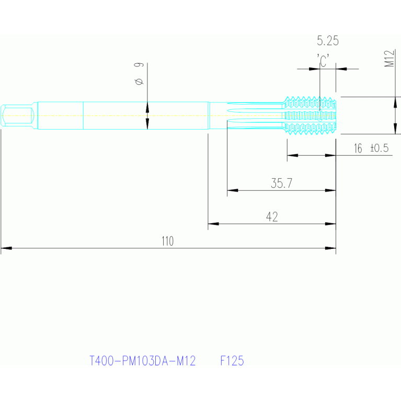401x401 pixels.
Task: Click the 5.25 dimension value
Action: (x=328, y=41)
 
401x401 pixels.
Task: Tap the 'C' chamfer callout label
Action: (x=323, y=61)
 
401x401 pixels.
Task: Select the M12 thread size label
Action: (x=389, y=59)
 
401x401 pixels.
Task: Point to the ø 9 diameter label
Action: (x=139, y=73)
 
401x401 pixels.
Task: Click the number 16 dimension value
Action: (x=358, y=148)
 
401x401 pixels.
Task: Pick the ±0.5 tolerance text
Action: (x=380, y=148)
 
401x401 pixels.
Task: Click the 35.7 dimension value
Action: (x=281, y=183)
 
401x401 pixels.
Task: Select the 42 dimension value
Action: (x=272, y=217)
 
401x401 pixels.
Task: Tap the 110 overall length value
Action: (x=167, y=241)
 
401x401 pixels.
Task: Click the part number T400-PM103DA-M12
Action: (x=142, y=361)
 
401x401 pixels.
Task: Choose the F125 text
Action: (x=232, y=361)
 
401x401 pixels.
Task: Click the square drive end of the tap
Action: (x=17, y=116)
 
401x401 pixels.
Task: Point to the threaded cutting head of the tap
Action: (x=310, y=116)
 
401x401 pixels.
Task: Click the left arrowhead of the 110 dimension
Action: (x=6, y=248)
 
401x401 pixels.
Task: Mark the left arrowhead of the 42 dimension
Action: (x=213, y=224)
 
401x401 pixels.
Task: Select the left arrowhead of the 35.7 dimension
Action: (x=233, y=190)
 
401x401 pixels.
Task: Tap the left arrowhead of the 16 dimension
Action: (x=293, y=155)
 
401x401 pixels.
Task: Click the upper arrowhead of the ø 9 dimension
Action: (x=147, y=107)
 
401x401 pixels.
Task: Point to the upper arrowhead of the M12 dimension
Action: (x=395, y=102)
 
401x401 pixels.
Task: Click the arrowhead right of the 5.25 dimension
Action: (x=341, y=69)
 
